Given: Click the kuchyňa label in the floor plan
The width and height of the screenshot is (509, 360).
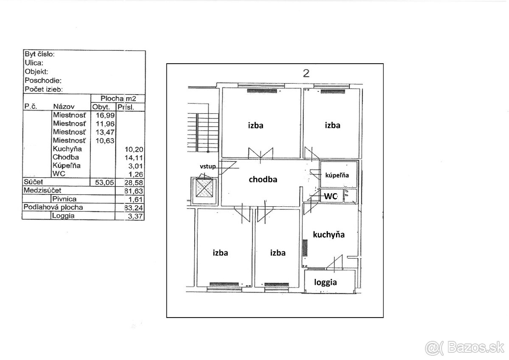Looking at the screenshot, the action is click(329, 235).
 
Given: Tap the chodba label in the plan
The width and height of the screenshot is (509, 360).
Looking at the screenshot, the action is click(263, 180).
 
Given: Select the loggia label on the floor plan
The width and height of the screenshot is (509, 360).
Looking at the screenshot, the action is click(325, 282).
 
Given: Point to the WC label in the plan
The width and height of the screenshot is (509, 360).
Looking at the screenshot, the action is click(330, 196).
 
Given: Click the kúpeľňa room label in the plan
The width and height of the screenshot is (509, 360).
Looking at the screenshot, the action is click(337, 175).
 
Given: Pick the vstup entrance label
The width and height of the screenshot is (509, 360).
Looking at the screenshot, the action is click(208, 166).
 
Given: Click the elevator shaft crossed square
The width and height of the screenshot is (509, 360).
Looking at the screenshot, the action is click(204, 188).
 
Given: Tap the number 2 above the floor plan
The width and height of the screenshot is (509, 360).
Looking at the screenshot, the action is click(306, 73).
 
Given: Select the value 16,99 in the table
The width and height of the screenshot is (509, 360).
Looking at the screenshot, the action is click(105, 115).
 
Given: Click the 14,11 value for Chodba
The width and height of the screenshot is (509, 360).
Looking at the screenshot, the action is click(134, 157).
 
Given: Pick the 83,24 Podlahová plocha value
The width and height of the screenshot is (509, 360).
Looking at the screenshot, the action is click(134, 208).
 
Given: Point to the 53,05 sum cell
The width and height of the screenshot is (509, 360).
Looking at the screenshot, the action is click(104, 183).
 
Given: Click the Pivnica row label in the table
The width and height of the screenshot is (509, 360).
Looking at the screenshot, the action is click(64, 199).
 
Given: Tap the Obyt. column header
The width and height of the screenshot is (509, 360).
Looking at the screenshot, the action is click(101, 107).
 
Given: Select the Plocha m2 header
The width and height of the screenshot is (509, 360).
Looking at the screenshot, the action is click(118, 98).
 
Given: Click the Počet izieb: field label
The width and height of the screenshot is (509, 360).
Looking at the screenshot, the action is click(44, 89).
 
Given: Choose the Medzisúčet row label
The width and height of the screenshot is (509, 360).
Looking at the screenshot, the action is click(42, 190).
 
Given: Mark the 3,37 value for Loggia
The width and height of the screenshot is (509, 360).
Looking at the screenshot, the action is click(135, 216).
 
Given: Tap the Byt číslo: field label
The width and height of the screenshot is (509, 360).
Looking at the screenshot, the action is click(39, 54).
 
